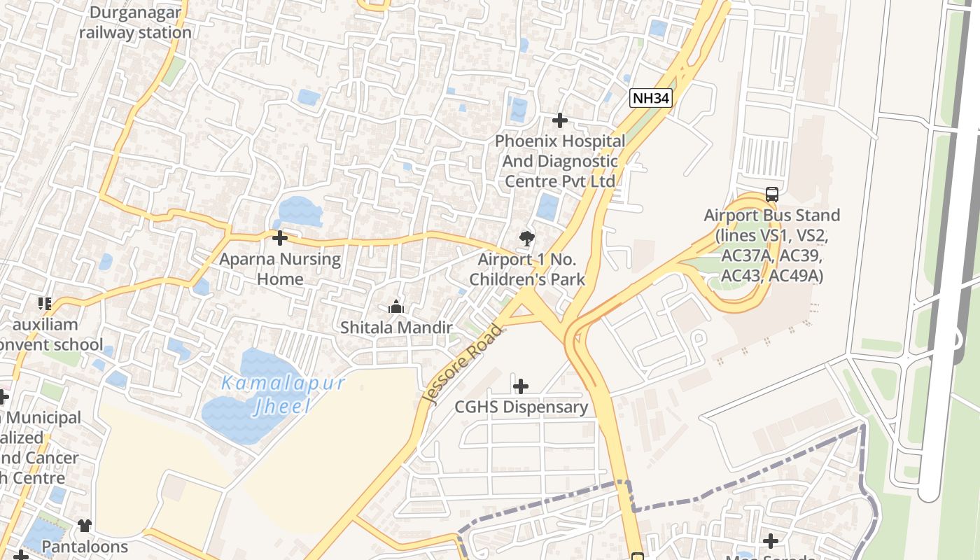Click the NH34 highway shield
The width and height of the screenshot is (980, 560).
650,98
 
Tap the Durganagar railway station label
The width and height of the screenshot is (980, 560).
135,22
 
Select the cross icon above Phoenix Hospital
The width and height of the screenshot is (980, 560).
560,120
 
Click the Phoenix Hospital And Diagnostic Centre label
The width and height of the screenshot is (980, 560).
560,161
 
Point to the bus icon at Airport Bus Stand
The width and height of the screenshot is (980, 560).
772,195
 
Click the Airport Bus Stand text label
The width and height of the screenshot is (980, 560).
772,246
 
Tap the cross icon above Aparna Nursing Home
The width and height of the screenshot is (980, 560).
280,238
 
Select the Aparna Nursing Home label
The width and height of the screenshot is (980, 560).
280,269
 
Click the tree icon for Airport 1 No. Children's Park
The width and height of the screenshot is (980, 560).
527,239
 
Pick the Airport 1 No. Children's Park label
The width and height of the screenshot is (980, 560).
527,269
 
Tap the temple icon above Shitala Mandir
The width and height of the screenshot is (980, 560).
396,307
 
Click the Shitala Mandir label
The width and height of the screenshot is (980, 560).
396,327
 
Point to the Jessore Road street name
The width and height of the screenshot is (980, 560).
463,364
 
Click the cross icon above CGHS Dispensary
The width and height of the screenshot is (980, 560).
521,386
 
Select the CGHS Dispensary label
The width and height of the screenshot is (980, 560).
521,407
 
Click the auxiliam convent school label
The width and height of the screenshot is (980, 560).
46,335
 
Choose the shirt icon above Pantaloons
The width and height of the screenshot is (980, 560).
85,526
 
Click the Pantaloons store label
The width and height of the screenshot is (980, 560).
85,546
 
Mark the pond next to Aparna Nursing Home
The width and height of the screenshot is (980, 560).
299,210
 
